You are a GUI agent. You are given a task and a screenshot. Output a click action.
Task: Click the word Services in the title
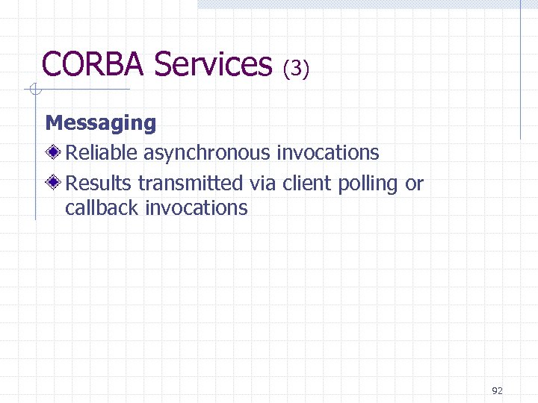pyautogui.click(x=213, y=64)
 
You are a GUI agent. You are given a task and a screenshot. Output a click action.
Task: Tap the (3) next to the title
pyautogui.click(x=296, y=69)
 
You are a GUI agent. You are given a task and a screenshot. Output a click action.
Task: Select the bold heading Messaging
pyautogui.click(x=101, y=123)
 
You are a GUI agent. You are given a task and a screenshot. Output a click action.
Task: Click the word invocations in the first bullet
pyautogui.click(x=327, y=153)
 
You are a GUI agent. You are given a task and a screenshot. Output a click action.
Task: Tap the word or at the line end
pyautogui.click(x=415, y=184)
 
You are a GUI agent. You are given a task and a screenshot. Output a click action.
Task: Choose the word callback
pyautogui.click(x=102, y=207)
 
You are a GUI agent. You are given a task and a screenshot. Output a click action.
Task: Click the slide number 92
pyautogui.click(x=498, y=390)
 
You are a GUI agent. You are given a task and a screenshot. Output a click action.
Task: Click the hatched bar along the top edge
pyautogui.click(x=366, y=4)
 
